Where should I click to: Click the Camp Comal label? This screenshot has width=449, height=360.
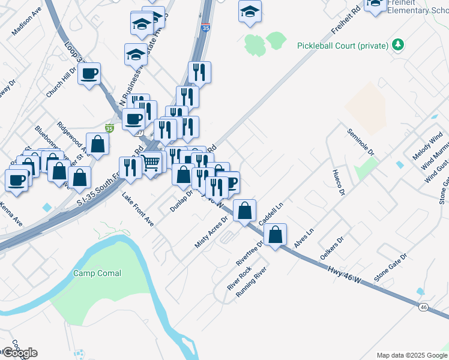pyautogui.click(x=97, y=274)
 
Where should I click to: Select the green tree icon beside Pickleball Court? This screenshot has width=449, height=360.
pyautogui.click(x=397, y=45)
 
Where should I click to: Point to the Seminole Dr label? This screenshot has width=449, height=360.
pyautogui.click(x=361, y=142)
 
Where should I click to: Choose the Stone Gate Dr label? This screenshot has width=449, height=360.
pyautogui.click(x=390, y=268)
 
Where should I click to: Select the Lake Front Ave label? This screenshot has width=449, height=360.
pyautogui.click(x=137, y=209)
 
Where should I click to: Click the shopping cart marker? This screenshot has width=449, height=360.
pyautogui.click(x=151, y=161)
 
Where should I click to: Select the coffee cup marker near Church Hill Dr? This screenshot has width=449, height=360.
pyautogui.click(x=89, y=74)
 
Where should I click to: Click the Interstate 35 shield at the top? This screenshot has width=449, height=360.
pyautogui.click(x=206, y=27)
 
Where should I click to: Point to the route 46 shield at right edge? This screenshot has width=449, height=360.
pyautogui.click(x=423, y=307)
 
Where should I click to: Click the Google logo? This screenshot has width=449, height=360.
pyautogui.click(x=19, y=352)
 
